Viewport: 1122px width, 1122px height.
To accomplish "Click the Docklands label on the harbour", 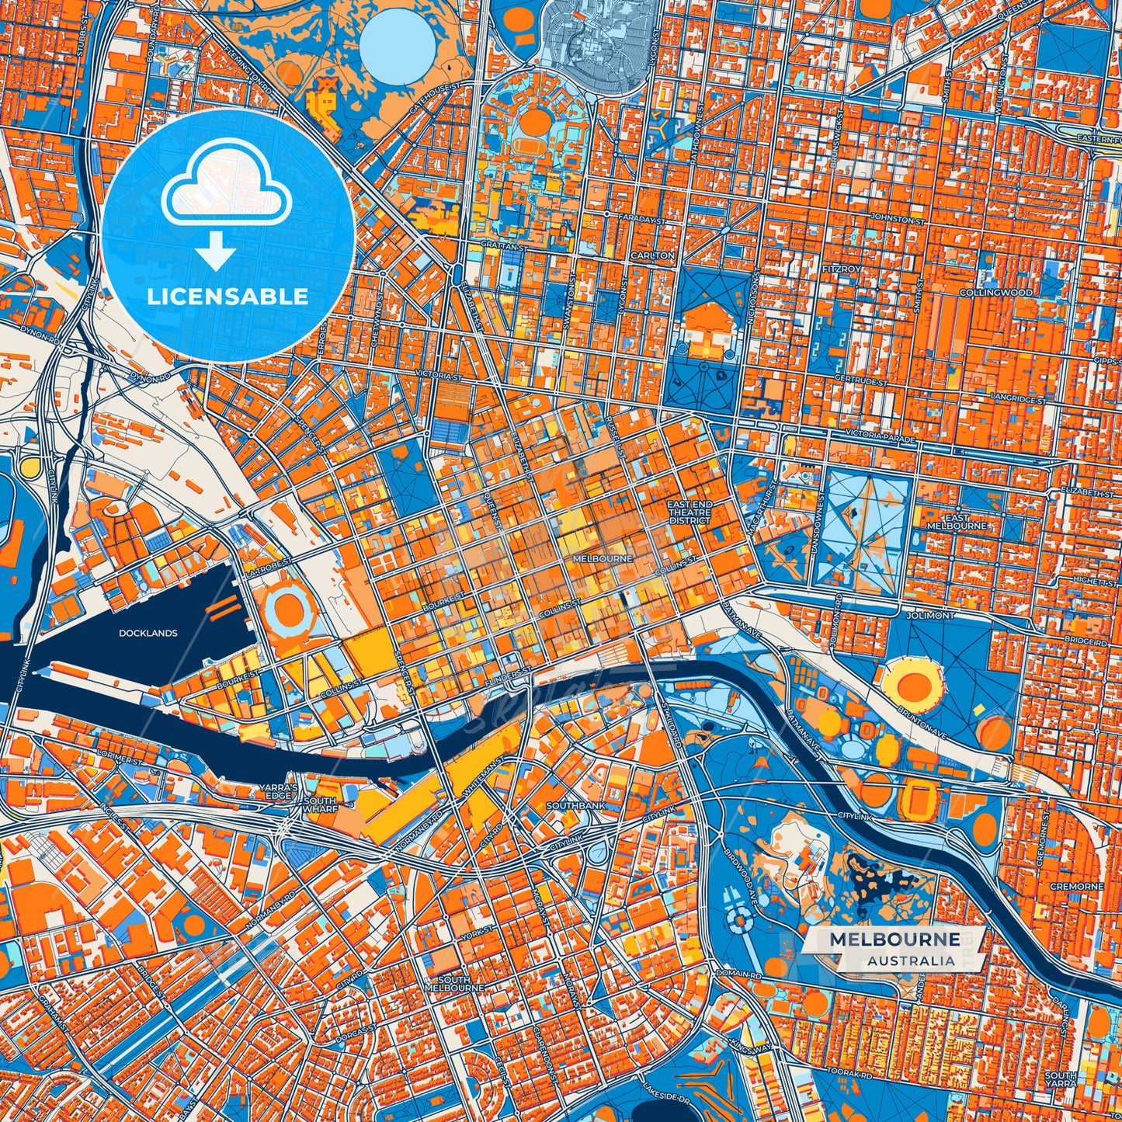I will pyautogui.click(x=148, y=633).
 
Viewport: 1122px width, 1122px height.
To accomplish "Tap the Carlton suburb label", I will pyautogui.click(x=652, y=255).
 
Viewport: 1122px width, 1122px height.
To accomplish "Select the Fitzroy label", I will pyautogui.click(x=842, y=269).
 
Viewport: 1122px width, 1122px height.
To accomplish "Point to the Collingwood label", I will pyautogui.click(x=995, y=293).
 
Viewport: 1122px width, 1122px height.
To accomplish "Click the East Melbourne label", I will pyautogui.click(x=956, y=522).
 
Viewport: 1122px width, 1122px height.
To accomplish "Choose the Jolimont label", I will pyautogui.click(x=930, y=615).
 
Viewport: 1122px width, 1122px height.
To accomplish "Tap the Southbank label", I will pyautogui.click(x=575, y=806).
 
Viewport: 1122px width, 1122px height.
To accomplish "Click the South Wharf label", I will pyautogui.click(x=319, y=804).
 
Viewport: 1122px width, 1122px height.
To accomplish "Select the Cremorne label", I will pyautogui.click(x=1075, y=886).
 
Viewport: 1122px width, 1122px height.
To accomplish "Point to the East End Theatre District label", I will pyautogui.click(x=690, y=512).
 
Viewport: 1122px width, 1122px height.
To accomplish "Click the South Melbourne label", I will pyautogui.click(x=454, y=984).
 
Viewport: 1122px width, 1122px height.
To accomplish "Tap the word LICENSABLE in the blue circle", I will pyautogui.click(x=228, y=296).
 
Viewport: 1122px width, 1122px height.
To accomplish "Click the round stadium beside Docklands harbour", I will pyautogui.click(x=289, y=610).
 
